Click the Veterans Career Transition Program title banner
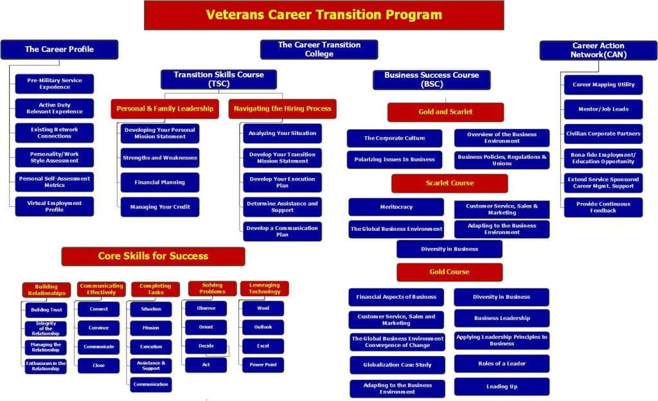tap(324, 15)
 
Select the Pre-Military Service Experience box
tap(55, 84)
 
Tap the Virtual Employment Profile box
tap(55, 206)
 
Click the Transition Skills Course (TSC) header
tap(218, 79)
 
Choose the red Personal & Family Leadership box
tap(165, 109)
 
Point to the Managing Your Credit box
tap(160, 207)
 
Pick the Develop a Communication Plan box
tap(282, 231)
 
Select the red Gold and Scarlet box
tap(445, 112)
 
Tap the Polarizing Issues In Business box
tap(395, 159)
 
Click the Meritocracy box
tap(396, 207)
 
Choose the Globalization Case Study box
tap(397, 365)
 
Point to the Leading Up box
tap(502, 387)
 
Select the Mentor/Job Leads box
tap(603, 109)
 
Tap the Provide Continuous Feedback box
tap(603, 207)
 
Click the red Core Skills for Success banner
tap(153, 256)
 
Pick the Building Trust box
tap(46, 309)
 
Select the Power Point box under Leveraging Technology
tap(263, 364)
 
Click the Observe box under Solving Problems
tap(206, 308)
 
